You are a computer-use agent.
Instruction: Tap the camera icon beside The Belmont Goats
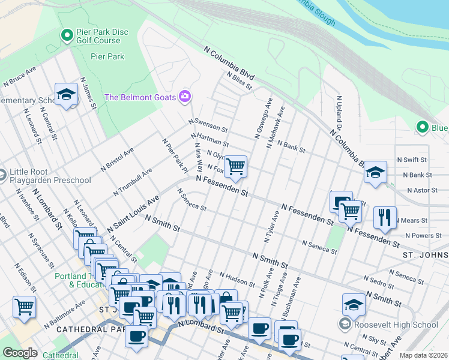(184, 97)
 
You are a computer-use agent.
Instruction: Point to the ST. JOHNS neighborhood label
(424, 256)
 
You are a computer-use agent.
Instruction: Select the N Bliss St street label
(239, 81)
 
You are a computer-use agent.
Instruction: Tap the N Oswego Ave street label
(264, 119)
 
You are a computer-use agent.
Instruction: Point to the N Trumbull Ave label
(133, 182)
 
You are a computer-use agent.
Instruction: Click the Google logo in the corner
(20, 353)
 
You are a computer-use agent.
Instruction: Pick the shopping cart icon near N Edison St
(24, 307)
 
